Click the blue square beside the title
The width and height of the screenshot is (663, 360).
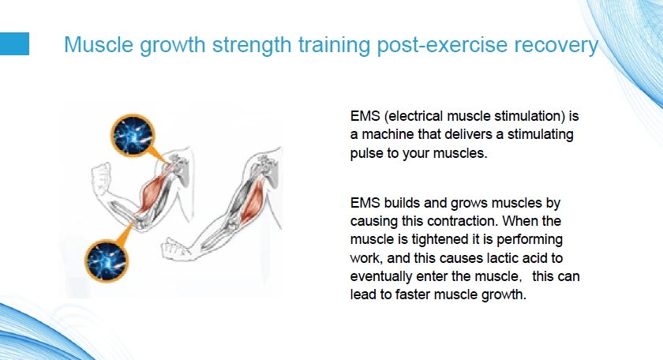pos(14,43)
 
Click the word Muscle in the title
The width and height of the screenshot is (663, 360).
pos(99,44)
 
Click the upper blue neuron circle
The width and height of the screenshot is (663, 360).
pos(133,135)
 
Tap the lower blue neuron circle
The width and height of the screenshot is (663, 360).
pos(107,261)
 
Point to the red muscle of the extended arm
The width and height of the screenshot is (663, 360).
pos(253,200)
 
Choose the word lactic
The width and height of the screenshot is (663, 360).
pos(500,258)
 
